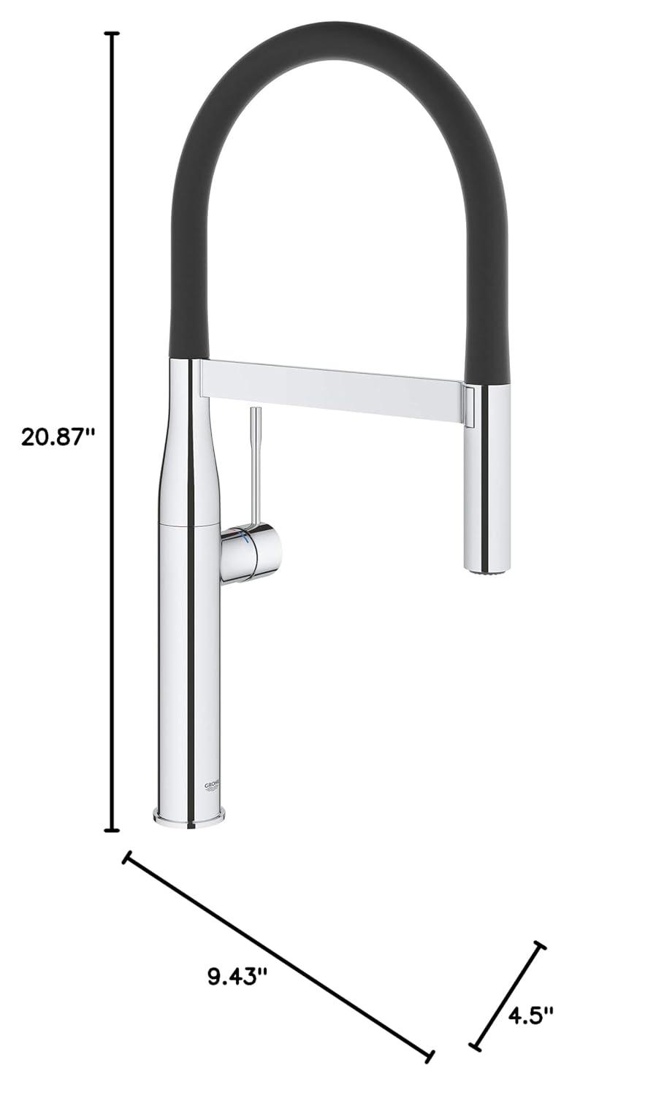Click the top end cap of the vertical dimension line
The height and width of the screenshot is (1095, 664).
112,34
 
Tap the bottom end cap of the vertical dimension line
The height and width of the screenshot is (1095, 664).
112,829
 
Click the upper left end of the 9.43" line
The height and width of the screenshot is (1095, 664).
128,858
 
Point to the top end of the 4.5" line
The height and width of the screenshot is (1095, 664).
540,946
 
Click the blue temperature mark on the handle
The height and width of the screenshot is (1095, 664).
244,539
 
